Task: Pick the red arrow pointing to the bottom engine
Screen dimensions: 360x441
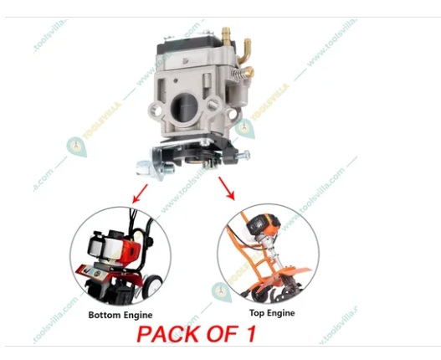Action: pyautogui.click(x=136, y=193)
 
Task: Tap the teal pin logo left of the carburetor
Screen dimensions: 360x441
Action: pyautogui.click(x=77, y=148)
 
